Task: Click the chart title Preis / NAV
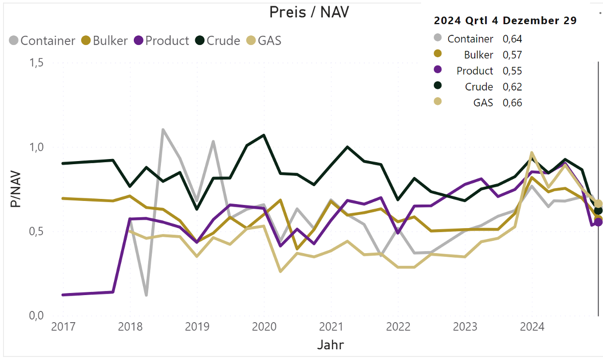pos(309,12)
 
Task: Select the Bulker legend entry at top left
pos(105,41)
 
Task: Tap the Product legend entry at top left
pos(161,41)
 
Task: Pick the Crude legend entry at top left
pos(218,41)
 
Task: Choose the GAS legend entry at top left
pos(264,41)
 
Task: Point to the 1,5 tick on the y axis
pos(35,63)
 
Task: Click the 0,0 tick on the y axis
pos(35,316)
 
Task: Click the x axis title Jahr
pos(330,345)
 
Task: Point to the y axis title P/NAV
pos(16,189)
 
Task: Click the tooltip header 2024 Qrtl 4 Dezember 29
pos(505,21)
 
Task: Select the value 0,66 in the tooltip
pos(513,103)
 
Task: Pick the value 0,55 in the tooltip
pos(513,71)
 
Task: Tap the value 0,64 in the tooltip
pos(513,39)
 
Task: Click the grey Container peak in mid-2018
pos(163,130)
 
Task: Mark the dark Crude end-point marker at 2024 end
pos(598,210)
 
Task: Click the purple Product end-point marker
pos(598,222)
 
